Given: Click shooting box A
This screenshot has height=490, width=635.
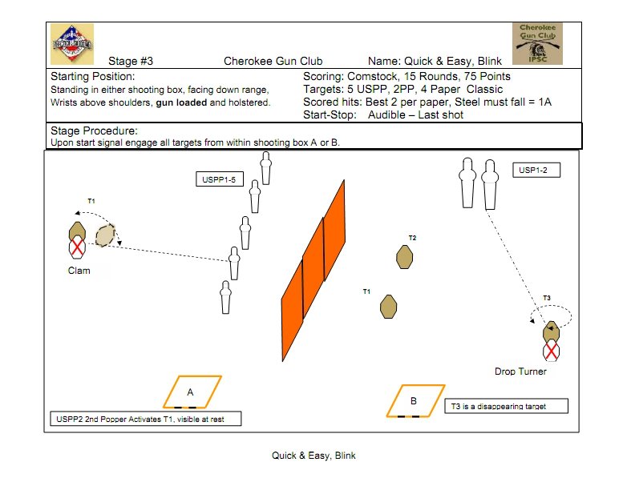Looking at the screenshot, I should [x=192, y=392].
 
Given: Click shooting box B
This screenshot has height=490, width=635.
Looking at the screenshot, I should [x=413, y=400].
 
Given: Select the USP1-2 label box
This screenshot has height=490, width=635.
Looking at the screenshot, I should [x=536, y=170].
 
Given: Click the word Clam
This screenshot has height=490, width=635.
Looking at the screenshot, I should [x=79, y=271].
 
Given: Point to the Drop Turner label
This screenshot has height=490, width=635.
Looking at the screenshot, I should [x=521, y=372].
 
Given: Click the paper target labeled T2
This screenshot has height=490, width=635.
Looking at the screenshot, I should [x=406, y=256].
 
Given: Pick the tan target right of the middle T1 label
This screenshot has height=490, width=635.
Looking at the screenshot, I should [x=389, y=306].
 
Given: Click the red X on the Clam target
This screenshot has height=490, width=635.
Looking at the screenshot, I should [x=77, y=248].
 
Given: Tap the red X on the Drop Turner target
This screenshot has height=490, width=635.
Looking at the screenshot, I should [x=551, y=350].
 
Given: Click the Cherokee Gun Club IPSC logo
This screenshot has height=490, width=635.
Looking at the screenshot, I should [x=537, y=43].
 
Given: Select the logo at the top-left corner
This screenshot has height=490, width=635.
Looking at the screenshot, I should [x=72, y=43].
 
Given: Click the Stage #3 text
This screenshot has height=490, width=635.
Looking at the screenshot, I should [x=131, y=61].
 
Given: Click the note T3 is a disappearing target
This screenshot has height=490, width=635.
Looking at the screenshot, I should [x=506, y=406].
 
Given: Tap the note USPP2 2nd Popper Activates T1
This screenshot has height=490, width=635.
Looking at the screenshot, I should [x=145, y=419].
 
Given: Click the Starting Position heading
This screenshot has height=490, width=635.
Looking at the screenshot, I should [x=94, y=76].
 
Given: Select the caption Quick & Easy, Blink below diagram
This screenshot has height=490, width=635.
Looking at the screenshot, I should [x=313, y=456].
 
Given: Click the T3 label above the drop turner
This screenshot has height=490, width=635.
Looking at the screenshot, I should [x=547, y=298].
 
